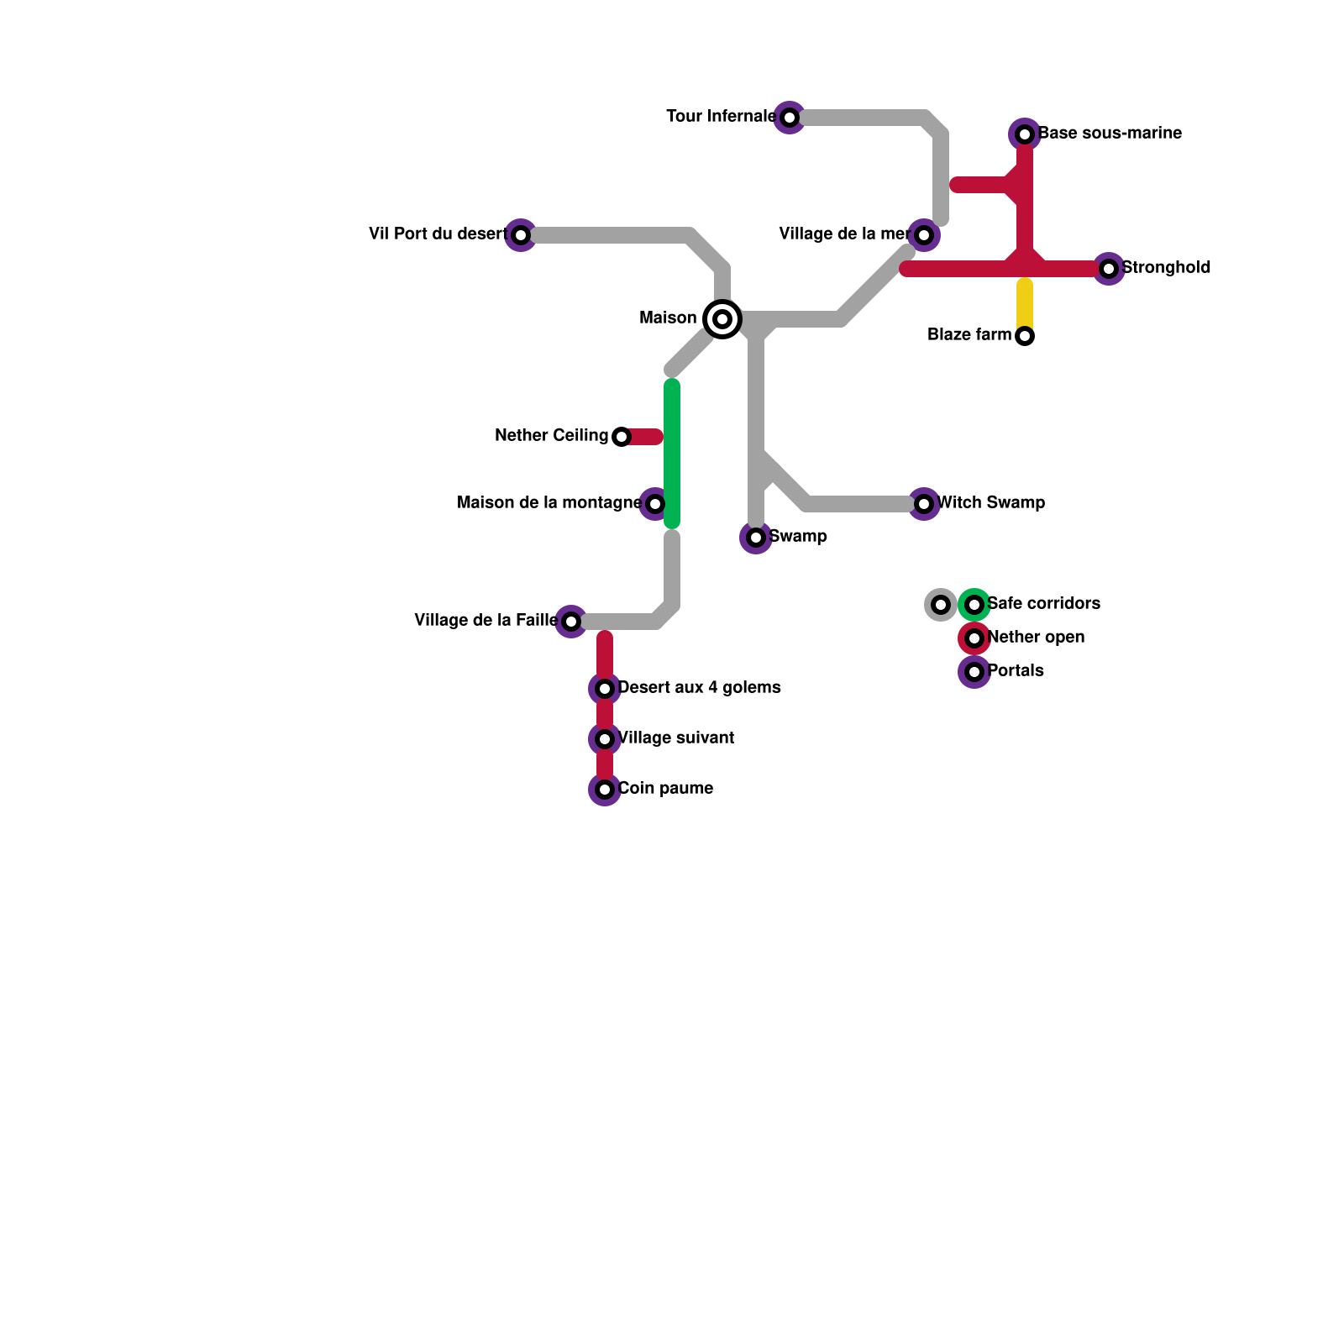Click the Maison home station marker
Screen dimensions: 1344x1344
pos(722,319)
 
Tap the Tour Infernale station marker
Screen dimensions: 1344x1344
pos(790,118)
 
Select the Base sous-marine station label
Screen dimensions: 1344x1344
pos(1110,134)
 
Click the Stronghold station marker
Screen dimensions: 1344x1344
pos(1109,269)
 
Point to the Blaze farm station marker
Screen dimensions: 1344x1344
pos(1025,336)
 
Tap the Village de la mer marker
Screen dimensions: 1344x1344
pos(924,235)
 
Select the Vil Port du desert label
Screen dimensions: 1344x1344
pos(437,234)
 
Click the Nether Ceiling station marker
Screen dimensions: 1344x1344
pos(622,437)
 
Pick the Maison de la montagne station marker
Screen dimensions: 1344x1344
pos(655,504)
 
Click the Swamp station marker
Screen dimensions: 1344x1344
pos(756,538)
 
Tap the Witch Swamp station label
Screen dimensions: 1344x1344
pos(991,503)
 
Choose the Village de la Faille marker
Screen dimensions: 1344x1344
pos(571,622)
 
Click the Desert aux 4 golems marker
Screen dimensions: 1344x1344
pos(605,689)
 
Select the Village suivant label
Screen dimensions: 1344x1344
pos(676,738)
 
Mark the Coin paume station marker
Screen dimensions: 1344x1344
pos(605,790)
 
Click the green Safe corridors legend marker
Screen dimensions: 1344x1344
pos(974,605)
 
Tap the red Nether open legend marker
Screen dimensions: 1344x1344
pos(974,638)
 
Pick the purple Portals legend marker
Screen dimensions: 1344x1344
pos(974,672)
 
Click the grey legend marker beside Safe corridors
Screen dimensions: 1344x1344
pos(941,605)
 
